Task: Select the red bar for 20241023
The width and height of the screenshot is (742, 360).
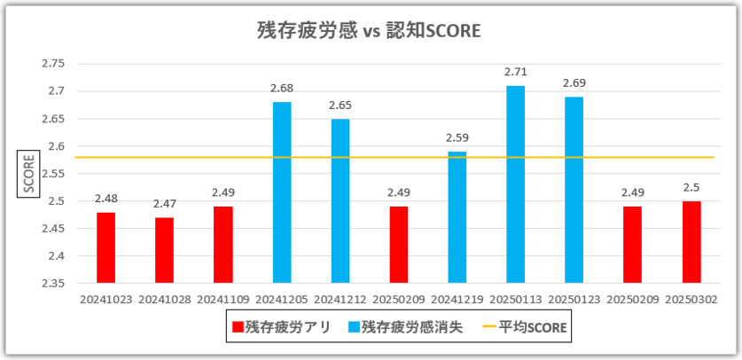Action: pyautogui.click(x=106, y=247)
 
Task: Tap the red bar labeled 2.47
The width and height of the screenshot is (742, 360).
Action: pyautogui.click(x=165, y=250)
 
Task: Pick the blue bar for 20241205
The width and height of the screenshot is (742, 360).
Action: pyautogui.click(x=282, y=192)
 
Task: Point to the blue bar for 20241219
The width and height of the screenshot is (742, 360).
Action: pyautogui.click(x=457, y=217)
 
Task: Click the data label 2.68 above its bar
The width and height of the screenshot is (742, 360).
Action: pyautogui.click(x=282, y=89)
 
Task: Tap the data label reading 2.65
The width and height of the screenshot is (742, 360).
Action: pyautogui.click(x=340, y=106)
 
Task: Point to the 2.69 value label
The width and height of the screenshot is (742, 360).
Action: pyautogui.click(x=574, y=83)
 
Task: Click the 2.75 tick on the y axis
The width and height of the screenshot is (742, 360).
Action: pyautogui.click(x=53, y=64)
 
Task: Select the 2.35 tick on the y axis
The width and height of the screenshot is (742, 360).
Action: pyautogui.click(x=53, y=284)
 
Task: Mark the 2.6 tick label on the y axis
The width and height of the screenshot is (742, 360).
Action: pyautogui.click(x=57, y=146)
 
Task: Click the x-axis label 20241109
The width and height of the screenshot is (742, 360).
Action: pyautogui.click(x=223, y=300)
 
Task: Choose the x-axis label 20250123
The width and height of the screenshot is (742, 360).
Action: pyautogui.click(x=574, y=300)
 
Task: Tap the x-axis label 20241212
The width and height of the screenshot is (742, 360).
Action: pyautogui.click(x=340, y=300)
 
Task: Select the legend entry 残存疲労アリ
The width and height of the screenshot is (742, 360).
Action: pyautogui.click(x=281, y=327)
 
